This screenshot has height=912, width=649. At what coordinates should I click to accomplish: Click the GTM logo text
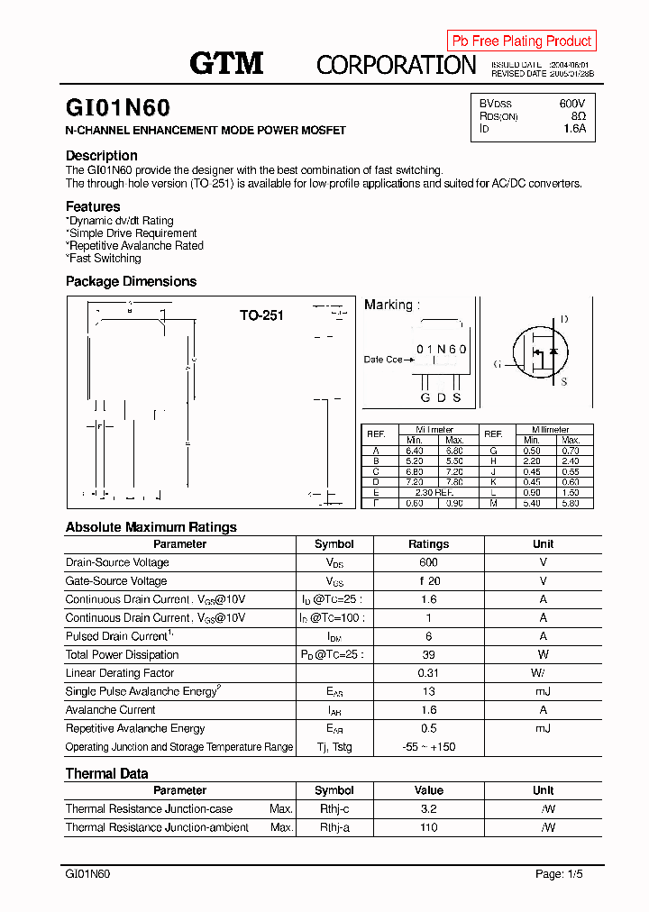(226, 63)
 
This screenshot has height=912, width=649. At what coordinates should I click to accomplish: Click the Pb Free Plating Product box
(521, 41)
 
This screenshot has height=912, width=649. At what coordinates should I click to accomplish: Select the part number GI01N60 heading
(117, 108)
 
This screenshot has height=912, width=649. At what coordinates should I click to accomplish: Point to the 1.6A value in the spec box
(574, 129)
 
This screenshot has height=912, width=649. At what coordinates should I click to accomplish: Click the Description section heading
(102, 155)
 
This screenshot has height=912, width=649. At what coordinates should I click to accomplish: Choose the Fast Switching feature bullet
(105, 258)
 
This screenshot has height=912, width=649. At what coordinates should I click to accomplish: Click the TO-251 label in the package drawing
(261, 315)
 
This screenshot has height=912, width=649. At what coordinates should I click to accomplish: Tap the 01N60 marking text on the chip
(441, 349)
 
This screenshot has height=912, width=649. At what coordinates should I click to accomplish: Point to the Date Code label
(383, 360)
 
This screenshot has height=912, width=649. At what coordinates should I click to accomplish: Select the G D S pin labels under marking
(441, 397)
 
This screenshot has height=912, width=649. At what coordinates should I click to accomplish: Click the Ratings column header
(428, 544)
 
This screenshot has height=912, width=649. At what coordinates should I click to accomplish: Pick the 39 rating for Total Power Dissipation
(428, 654)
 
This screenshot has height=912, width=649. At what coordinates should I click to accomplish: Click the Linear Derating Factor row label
(120, 673)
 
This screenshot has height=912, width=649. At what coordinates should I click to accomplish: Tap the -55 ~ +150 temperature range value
(428, 747)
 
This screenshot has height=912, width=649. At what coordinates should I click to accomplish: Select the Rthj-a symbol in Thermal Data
(334, 827)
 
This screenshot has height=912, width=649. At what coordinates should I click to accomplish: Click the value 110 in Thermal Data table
(428, 827)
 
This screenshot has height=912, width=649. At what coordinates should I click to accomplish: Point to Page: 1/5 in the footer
(562, 874)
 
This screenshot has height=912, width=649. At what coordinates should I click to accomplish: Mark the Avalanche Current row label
(111, 710)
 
